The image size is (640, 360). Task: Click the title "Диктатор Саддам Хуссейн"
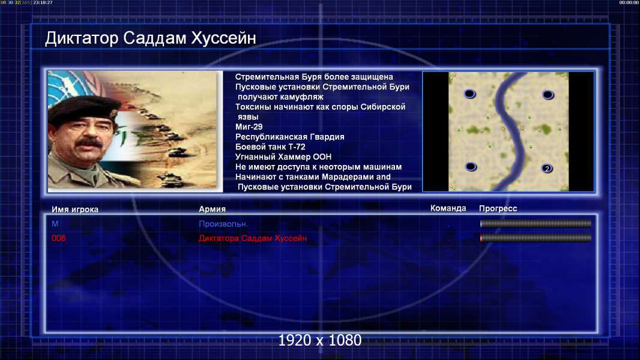[x=150, y=38]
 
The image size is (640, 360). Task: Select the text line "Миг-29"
[x=249, y=127]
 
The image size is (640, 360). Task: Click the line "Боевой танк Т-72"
[x=270, y=147]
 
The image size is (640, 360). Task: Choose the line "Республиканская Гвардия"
[x=290, y=137]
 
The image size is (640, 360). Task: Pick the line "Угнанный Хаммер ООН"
[x=283, y=157]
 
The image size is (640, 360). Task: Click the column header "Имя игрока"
[x=74, y=209]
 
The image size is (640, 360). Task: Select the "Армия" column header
[x=213, y=209]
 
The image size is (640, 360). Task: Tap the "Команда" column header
[x=448, y=208]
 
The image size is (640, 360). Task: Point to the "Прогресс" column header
[x=498, y=209]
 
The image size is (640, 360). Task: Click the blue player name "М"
[x=55, y=224]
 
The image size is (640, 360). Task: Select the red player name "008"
[x=58, y=238]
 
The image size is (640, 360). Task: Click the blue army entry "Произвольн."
[x=223, y=224]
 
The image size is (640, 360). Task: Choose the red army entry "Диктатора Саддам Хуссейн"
[x=253, y=238]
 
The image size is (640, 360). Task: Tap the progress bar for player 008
[x=536, y=238]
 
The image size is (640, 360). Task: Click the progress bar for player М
[x=536, y=224]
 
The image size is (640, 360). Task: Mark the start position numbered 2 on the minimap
[x=547, y=169]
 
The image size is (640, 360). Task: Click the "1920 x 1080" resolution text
[x=320, y=340]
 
